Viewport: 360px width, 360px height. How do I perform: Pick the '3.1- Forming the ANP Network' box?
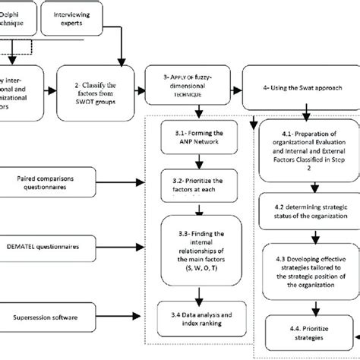tap(199, 140)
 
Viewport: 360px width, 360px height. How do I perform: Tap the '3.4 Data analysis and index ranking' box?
tap(199, 314)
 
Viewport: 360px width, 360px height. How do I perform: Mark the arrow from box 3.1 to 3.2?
tap(199, 161)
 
